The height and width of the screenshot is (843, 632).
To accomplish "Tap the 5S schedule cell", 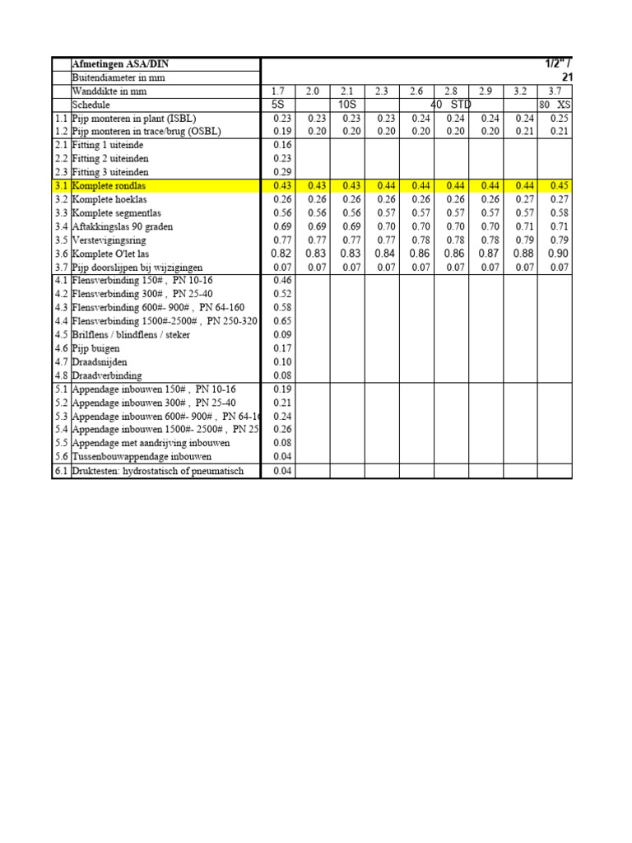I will [276, 105].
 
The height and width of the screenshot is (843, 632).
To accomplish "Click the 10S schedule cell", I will [346, 105].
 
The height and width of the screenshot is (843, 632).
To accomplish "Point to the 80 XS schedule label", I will [555, 105].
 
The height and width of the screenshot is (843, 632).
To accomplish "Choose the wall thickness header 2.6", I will [416, 91].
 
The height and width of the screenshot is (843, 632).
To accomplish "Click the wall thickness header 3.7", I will [555, 91].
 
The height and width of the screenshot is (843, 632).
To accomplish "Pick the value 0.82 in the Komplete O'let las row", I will [276, 254].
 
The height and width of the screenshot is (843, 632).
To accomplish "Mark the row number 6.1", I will [61, 472].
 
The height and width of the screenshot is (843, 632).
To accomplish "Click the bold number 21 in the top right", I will [565, 77].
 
